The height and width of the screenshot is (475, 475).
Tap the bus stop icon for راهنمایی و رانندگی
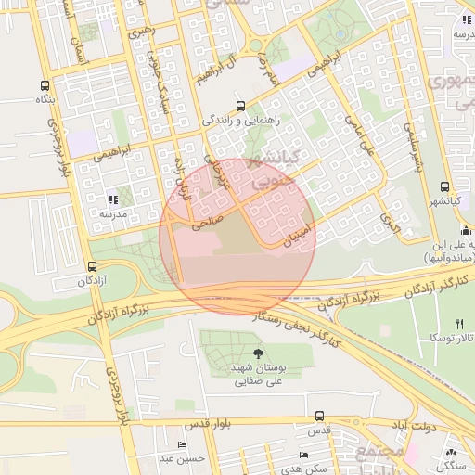pyautogui.click(x=241, y=106)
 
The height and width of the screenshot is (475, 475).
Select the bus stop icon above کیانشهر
pyautogui.click(x=445, y=186)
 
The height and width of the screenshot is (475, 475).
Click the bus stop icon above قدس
pyautogui.click(x=320, y=416)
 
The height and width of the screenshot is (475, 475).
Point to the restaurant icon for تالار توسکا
pyautogui.click(x=459, y=323)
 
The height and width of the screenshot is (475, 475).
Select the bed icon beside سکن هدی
pyautogui.click(x=303, y=456)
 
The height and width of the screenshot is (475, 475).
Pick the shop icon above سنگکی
pyautogui.click(x=451, y=449)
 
